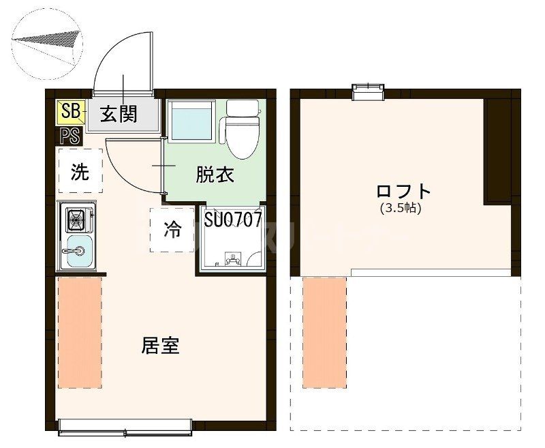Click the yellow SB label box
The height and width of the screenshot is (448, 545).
71,111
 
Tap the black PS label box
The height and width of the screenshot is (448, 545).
71,136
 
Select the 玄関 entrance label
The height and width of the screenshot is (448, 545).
119,113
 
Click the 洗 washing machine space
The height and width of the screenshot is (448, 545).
80,173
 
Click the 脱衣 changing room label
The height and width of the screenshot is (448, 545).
215,175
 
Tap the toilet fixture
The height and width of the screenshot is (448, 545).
242,128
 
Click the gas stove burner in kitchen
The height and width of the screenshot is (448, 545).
76,220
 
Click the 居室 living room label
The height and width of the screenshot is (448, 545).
160,346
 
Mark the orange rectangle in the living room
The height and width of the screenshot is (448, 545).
80,332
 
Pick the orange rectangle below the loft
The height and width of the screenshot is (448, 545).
325,332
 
